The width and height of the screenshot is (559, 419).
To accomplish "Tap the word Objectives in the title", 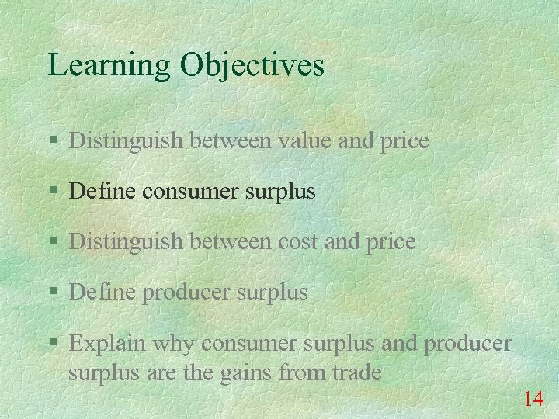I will (252, 65).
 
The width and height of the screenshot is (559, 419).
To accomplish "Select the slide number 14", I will (533, 400).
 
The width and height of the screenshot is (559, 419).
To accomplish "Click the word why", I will (169, 343).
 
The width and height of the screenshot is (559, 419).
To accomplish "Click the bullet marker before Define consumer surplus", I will (53, 192).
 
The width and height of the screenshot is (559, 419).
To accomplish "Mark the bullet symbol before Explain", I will (53, 343).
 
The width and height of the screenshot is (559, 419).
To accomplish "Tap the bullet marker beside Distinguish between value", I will (53, 141).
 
